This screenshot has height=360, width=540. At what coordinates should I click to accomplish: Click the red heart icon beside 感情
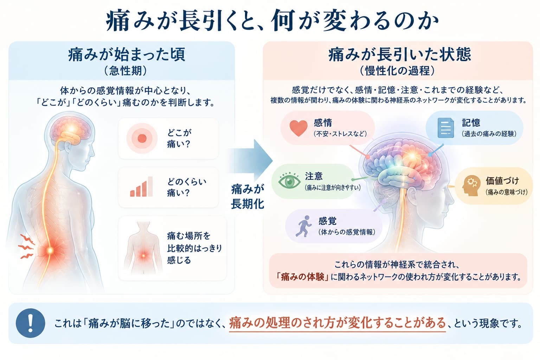[298, 128]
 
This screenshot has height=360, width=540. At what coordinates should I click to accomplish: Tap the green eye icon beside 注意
[289, 181]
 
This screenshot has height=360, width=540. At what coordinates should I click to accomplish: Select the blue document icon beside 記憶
[445, 128]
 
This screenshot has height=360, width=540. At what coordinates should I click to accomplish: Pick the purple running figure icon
[303, 226]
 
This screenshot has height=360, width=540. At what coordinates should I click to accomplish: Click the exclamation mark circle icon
[30, 323]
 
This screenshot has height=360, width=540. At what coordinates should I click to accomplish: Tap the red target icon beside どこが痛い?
[142, 138]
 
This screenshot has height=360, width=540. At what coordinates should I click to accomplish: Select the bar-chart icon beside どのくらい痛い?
[141, 187]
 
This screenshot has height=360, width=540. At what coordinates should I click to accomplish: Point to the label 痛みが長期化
[247, 197]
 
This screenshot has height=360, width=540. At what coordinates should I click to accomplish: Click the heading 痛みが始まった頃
[126, 54]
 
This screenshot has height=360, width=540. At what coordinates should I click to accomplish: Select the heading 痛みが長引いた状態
[400, 54]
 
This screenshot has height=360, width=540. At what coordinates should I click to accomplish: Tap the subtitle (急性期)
[126, 71]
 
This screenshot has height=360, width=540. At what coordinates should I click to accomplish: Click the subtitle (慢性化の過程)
[397, 71]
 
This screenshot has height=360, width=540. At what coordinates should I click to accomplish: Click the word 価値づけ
[502, 181]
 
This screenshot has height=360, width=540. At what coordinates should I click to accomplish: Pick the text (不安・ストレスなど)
[340, 134]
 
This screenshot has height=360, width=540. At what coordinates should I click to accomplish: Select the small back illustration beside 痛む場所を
[143, 247]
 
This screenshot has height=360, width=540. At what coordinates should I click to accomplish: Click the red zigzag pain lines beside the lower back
[26, 246]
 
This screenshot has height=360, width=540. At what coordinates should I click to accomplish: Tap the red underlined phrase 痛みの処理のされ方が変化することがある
[337, 323]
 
